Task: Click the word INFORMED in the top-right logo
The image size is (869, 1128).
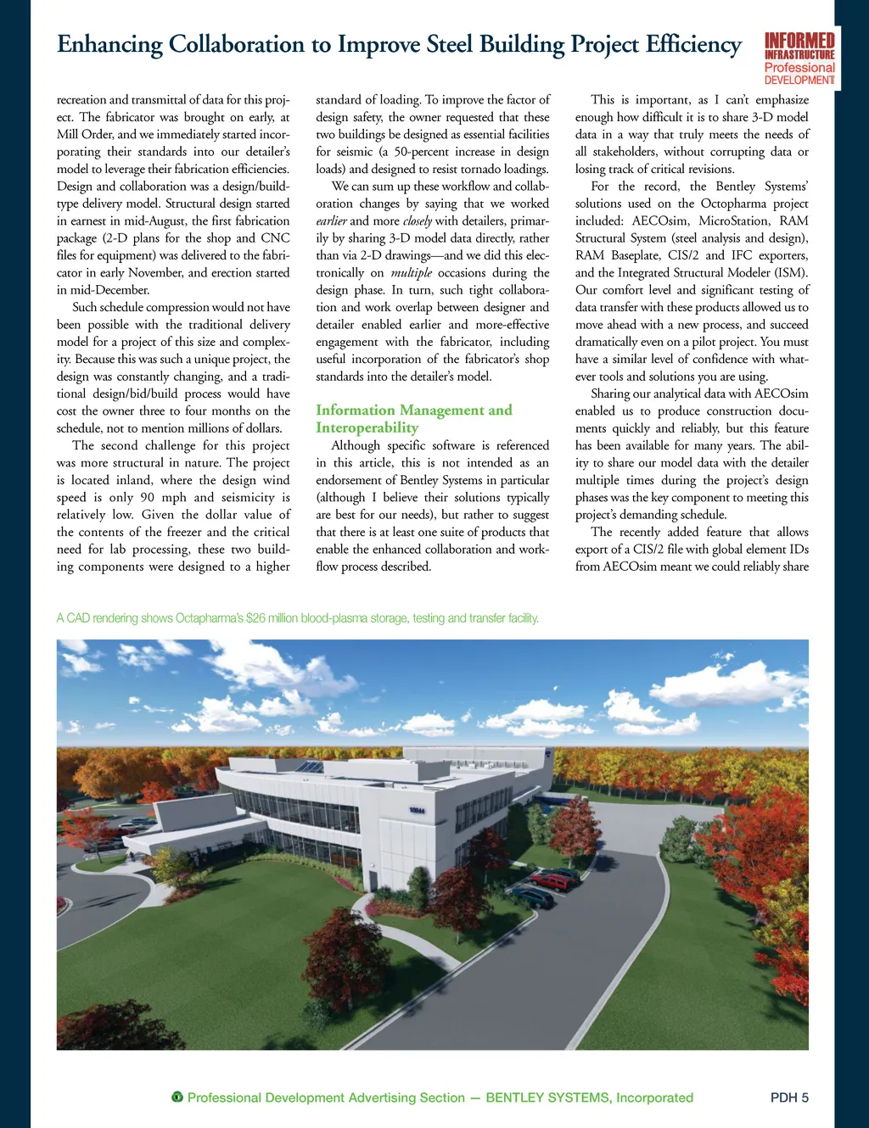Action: [799, 41]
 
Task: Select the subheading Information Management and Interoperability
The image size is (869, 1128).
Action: [413, 419]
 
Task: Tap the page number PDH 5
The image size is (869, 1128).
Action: [789, 1097]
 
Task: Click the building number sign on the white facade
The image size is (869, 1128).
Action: [417, 811]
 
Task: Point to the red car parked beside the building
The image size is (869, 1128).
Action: [550, 882]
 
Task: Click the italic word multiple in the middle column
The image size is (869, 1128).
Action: [412, 273]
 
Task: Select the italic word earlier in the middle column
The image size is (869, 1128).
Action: [332, 221]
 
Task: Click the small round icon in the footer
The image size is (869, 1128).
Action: [177, 1097]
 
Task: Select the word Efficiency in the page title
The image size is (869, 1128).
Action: [693, 44]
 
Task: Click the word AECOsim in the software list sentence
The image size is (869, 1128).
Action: [660, 221]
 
